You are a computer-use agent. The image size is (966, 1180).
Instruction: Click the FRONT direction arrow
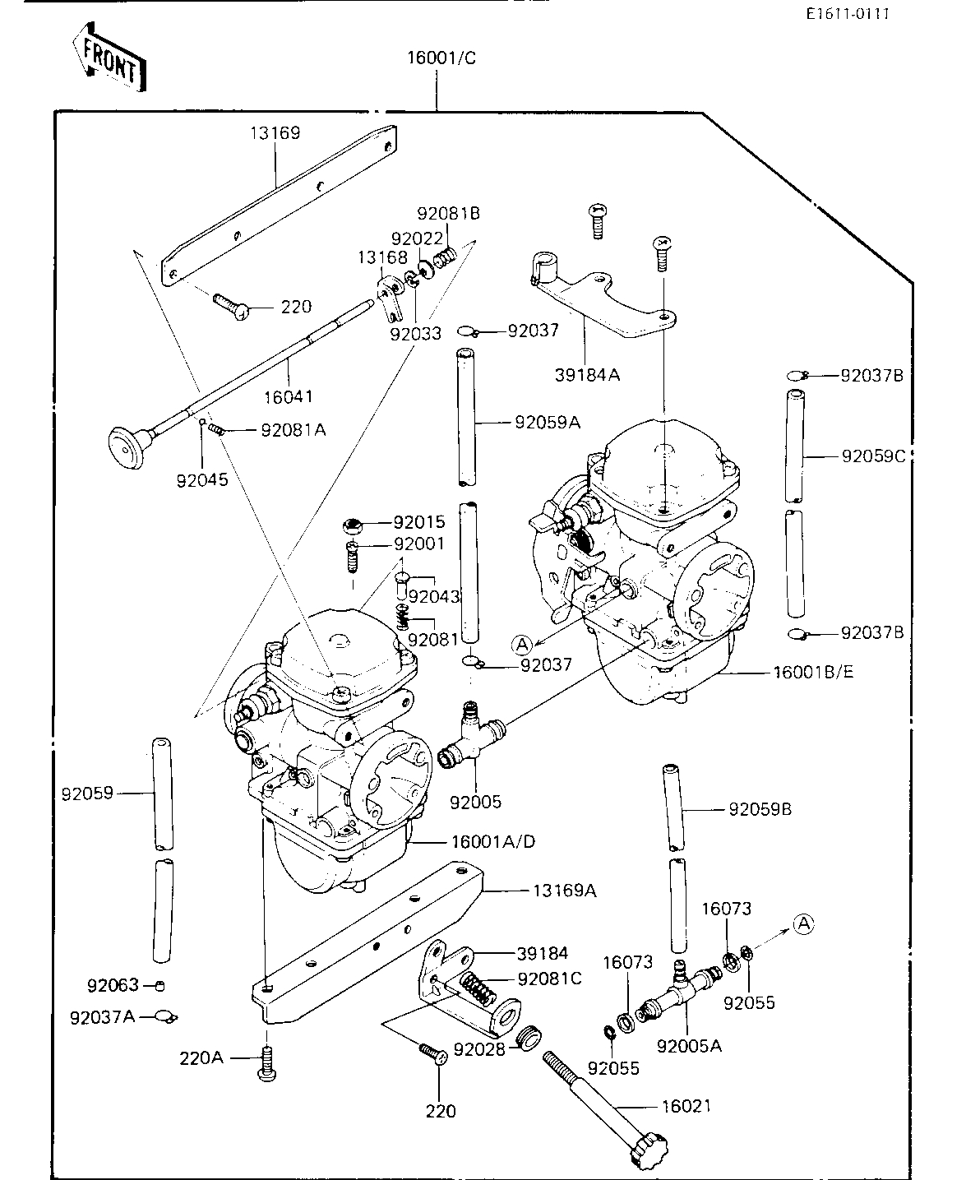pyautogui.click(x=109, y=57)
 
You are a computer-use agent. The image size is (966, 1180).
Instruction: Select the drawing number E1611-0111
pyautogui.click(x=848, y=13)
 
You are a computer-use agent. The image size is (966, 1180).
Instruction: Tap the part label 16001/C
pyautogui.click(x=441, y=58)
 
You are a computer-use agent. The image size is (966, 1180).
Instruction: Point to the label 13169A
pyautogui.click(x=564, y=891)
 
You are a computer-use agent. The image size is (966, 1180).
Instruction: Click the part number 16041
pyautogui.click(x=288, y=396)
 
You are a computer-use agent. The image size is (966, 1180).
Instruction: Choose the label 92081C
pyautogui.click(x=549, y=979)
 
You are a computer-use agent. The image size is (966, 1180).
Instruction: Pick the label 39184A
pyautogui.click(x=587, y=374)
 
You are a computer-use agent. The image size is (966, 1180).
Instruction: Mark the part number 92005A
pyautogui.click(x=689, y=1046)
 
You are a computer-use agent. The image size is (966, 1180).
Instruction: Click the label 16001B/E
pyautogui.click(x=813, y=672)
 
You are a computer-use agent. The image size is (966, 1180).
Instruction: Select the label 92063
pyautogui.click(x=113, y=985)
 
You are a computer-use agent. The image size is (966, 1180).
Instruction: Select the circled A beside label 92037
pyautogui.click(x=522, y=646)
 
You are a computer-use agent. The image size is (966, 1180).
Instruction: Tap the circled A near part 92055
pyautogui.click(x=804, y=923)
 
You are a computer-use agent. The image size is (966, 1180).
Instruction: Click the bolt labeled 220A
pyautogui.click(x=267, y=1063)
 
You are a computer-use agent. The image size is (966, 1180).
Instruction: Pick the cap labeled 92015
pyautogui.click(x=353, y=526)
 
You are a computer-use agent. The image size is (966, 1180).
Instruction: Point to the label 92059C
pyautogui.click(x=873, y=456)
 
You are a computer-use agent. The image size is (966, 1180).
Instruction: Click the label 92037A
pyautogui.click(x=103, y=1017)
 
